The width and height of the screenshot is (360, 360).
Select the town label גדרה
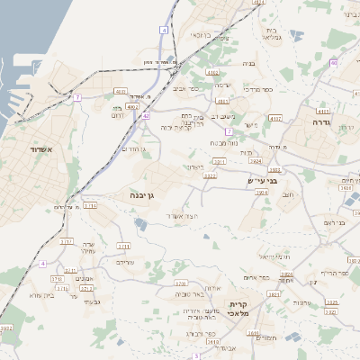coord(323,121)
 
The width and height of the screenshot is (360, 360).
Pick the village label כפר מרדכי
coord(256,91)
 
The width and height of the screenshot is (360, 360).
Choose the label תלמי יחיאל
coord(274,256)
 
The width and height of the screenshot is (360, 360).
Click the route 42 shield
coord(146,116)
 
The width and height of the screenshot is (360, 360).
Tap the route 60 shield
coord(333,63)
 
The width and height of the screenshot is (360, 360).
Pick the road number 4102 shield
coord(133,105)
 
